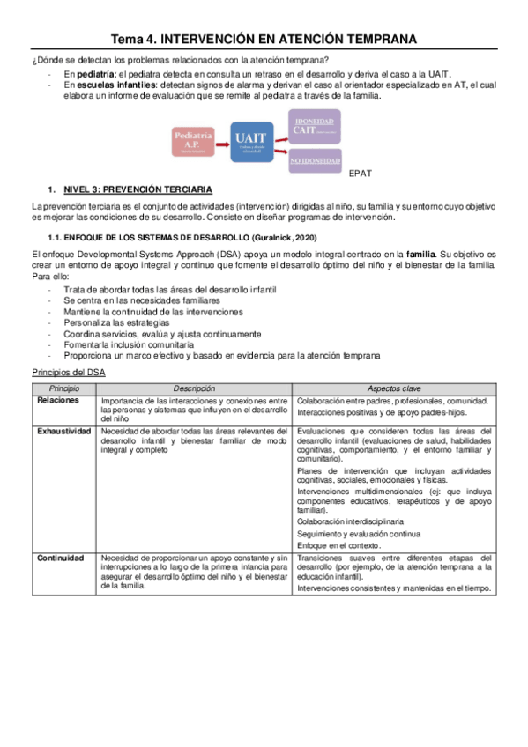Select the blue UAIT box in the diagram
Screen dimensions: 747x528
[x=251, y=141]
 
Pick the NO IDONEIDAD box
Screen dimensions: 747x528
[x=315, y=160]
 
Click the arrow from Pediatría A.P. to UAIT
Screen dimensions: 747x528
[x=223, y=142]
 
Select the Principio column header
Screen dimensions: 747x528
[x=65, y=388]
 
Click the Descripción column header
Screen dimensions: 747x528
[x=194, y=388]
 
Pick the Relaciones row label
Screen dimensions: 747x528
[x=59, y=401]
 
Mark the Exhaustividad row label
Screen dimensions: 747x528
[x=64, y=431]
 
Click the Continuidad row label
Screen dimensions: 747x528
[x=61, y=558]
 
